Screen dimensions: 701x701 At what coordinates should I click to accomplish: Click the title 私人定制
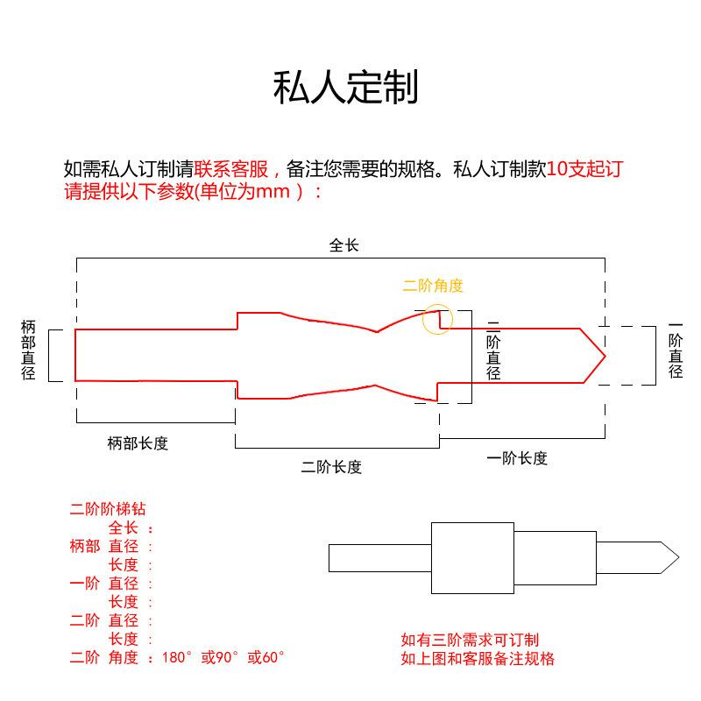[345, 87]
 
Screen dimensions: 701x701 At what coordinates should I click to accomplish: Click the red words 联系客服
[230, 169]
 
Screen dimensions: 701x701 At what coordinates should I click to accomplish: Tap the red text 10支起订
[584, 169]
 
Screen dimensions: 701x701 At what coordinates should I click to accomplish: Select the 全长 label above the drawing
[343, 245]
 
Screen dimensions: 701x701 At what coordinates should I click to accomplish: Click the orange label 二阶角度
[433, 286]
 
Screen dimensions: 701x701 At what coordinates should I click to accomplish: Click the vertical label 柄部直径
[28, 350]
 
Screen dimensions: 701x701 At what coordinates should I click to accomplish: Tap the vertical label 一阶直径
[676, 350]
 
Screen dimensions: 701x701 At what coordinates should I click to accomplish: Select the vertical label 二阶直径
[493, 350]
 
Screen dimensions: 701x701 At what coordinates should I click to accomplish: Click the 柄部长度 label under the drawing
[138, 443]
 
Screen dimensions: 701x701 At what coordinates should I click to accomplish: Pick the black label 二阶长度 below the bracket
[331, 467]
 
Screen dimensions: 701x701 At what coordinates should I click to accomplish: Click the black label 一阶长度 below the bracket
[517, 458]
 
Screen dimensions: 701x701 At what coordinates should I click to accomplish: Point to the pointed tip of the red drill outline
[605, 357]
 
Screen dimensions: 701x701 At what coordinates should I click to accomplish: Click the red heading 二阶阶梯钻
[108, 509]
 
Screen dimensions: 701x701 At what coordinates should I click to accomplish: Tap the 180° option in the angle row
[177, 657]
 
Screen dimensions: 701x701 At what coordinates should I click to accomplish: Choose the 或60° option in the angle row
[266, 657]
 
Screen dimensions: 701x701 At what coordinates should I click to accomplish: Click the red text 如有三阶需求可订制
[470, 640]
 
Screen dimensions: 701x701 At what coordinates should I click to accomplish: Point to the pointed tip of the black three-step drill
[678, 557]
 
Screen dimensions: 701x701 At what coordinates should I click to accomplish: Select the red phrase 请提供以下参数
[129, 191]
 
